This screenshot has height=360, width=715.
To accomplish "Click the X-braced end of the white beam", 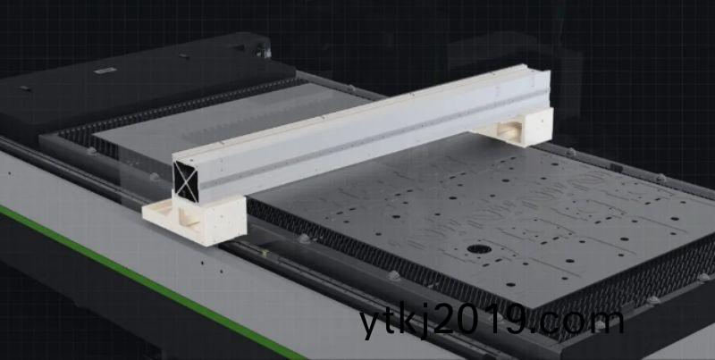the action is pyautogui.click(x=186, y=181).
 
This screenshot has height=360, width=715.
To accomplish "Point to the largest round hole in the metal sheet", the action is pyautogui.click(x=479, y=249).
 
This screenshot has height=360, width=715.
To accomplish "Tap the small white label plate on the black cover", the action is pyautogui.click(x=105, y=71).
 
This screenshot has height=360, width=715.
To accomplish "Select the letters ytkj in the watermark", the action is pyautogui.click(x=396, y=322).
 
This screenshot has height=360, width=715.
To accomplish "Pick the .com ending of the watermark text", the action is pyautogui.click(x=580, y=322).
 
